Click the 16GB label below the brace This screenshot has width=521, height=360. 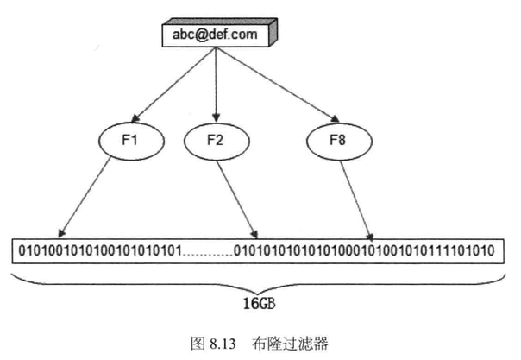click(260, 304)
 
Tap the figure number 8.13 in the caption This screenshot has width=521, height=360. click(220, 340)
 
